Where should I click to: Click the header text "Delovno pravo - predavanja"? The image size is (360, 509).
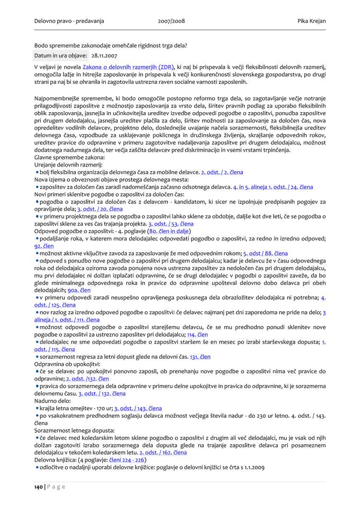pos(69,21)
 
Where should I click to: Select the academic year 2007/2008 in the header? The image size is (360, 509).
pos(171,21)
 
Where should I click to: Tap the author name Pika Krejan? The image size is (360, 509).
pos(312,21)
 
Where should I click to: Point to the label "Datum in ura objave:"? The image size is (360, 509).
pos(60,56)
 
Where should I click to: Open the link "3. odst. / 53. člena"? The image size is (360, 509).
pos(171,224)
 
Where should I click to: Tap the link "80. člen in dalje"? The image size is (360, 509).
pos(169,231)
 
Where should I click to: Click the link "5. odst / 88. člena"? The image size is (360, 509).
pos(265,253)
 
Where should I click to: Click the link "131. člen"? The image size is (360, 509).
pos(200,356)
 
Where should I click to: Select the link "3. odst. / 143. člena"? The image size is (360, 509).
pos(138,408)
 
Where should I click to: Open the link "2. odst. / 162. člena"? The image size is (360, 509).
pos(163,452)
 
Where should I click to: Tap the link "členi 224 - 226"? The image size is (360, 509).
pos(127,460)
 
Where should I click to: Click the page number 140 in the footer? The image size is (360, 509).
pos(38,487)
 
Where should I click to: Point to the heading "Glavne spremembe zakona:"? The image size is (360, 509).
pos(69,157)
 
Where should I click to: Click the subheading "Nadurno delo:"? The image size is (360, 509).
pos(52,401)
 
